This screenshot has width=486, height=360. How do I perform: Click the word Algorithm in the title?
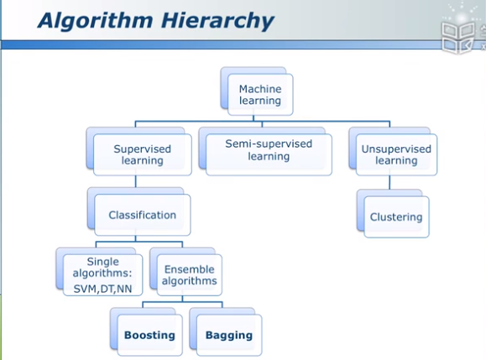96,21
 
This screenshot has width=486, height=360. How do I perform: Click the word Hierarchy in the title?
217,21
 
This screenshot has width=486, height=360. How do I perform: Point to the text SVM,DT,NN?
102,289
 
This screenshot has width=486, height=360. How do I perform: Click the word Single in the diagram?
103,262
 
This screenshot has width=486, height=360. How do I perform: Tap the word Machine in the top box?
260,89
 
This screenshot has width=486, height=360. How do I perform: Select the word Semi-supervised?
269,143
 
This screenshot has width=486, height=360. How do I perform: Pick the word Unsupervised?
396,149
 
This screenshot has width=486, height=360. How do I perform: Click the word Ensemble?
190,269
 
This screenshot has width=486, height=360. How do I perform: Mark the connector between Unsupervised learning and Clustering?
389,182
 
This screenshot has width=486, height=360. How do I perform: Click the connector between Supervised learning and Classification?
136,181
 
